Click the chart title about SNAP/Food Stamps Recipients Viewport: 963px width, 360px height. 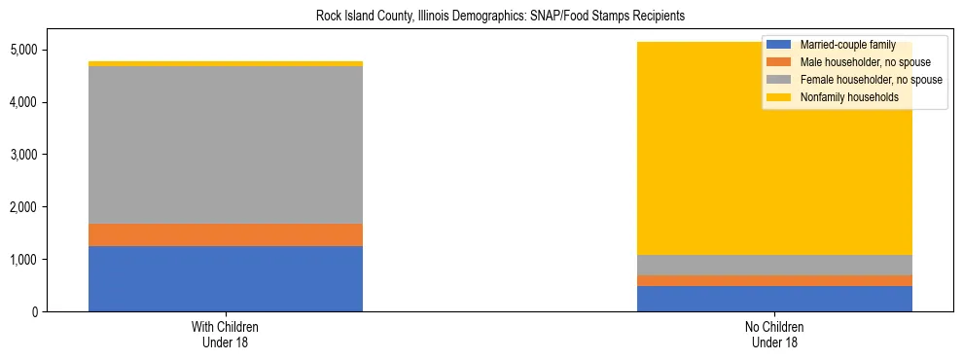pos(481,17)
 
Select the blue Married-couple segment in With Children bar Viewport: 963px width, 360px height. pos(225,279)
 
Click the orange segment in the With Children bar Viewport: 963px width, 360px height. pos(225,234)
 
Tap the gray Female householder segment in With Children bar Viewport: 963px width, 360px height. pos(225,145)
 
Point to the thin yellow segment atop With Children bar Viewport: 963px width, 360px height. pos(225,64)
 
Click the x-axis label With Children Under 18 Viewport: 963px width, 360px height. pos(225,335)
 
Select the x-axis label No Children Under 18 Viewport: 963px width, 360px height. pos(774,335)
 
